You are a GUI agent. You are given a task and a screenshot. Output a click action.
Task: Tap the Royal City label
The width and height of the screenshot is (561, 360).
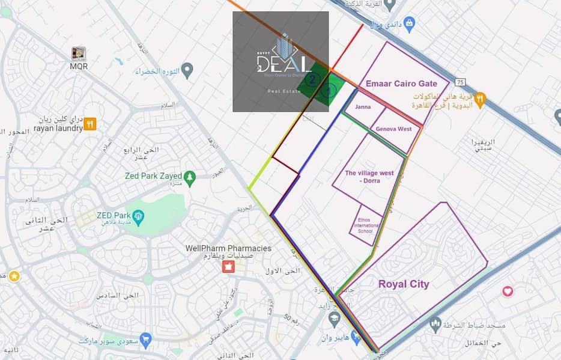click(x=404, y=284)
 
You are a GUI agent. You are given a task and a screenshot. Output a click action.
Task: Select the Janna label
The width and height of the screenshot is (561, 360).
click(x=363, y=107)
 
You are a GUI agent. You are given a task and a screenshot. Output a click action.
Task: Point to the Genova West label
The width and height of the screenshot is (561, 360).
click(x=394, y=129)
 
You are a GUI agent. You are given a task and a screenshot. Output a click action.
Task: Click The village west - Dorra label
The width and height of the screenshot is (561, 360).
click(x=369, y=177)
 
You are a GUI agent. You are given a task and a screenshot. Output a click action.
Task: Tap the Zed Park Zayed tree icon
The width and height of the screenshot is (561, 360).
click(x=190, y=176)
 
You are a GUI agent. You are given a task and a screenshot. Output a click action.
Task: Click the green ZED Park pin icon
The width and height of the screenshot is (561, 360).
click(x=139, y=215)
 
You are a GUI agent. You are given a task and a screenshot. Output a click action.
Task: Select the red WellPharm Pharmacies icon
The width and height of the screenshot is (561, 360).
click(x=228, y=266)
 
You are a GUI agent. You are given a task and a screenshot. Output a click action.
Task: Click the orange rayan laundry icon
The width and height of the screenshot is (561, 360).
click(x=89, y=124)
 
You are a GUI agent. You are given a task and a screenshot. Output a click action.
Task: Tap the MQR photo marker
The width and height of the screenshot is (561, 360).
click(x=78, y=53)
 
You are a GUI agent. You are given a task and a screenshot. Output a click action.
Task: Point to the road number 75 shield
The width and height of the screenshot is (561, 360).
click(x=460, y=82)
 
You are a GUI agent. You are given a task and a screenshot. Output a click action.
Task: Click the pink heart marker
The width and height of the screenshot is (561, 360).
click(x=508, y=291)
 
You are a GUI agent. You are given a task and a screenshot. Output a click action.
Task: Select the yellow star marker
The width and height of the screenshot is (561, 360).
click(x=14, y=276)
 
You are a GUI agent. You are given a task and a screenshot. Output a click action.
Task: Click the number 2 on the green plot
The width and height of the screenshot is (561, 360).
click(x=312, y=79)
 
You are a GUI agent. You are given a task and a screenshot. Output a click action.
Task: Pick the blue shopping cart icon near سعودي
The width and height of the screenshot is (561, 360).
click(x=145, y=338)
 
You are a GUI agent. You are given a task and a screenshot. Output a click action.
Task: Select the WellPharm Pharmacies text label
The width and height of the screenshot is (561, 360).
click(x=228, y=248)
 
